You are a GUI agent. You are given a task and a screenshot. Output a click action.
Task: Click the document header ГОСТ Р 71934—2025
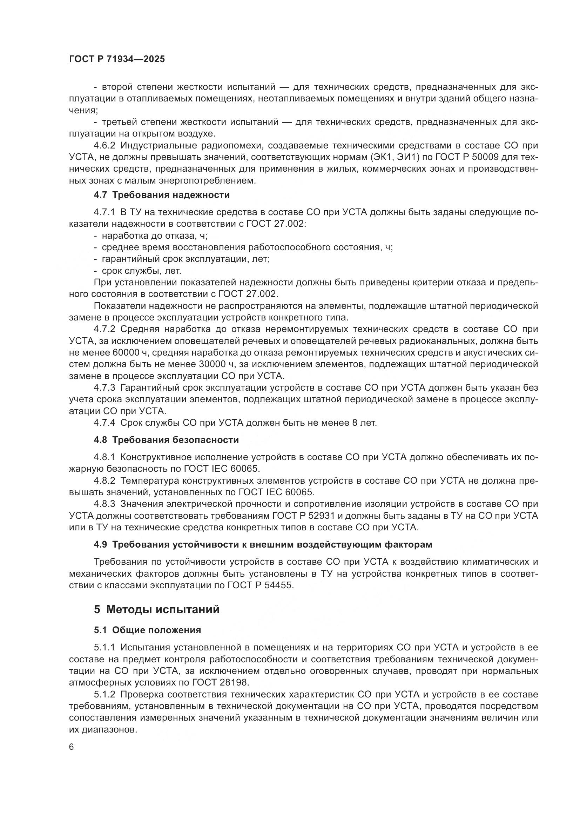point(117,59)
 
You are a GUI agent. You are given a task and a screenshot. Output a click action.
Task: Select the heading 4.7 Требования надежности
point(161,195)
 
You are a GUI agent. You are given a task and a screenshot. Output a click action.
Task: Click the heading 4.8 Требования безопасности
point(166,440)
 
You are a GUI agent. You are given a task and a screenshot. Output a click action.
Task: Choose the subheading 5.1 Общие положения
point(147,630)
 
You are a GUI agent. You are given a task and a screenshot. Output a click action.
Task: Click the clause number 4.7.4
point(104,423)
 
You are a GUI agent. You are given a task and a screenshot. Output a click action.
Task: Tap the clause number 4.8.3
point(104,504)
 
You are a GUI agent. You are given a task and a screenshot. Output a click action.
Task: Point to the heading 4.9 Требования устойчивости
point(263,545)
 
